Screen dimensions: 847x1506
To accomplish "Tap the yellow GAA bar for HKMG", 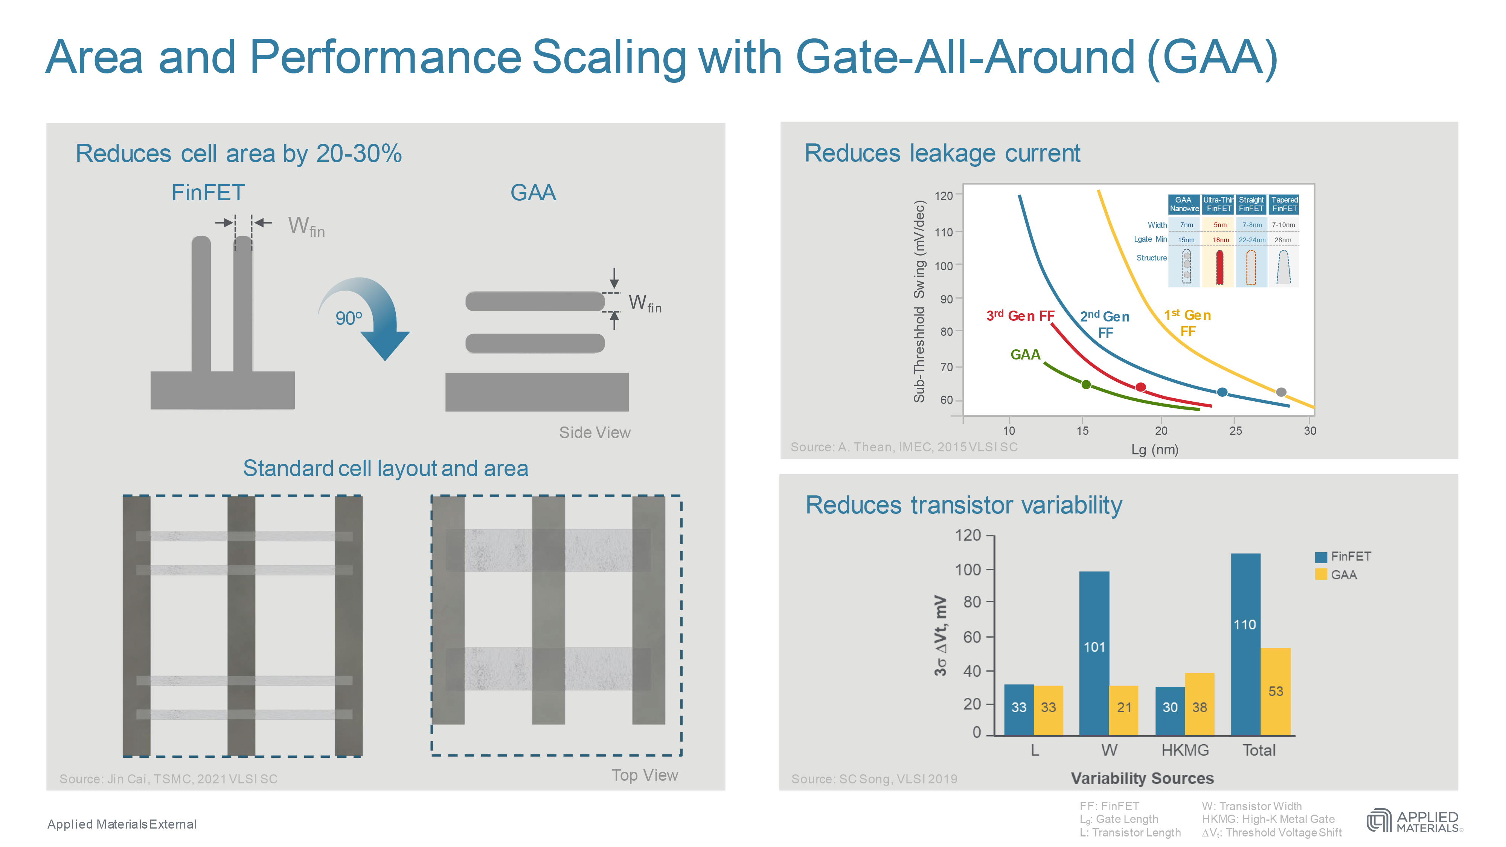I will coord(1199,704).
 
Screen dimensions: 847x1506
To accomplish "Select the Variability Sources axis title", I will coord(1142,778).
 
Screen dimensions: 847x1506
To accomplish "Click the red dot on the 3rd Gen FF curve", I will coord(1140,387).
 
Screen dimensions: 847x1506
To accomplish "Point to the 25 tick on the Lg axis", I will coord(1235,431).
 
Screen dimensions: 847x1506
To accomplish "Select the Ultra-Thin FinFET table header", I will coord(1218,204).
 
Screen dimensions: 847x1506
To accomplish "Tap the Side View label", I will coord(594,433).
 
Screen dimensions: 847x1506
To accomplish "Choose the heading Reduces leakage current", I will coord(942,153).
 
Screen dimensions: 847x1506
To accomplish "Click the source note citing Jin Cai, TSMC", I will coord(168,778).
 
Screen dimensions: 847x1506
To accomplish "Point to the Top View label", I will coord(644,775).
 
